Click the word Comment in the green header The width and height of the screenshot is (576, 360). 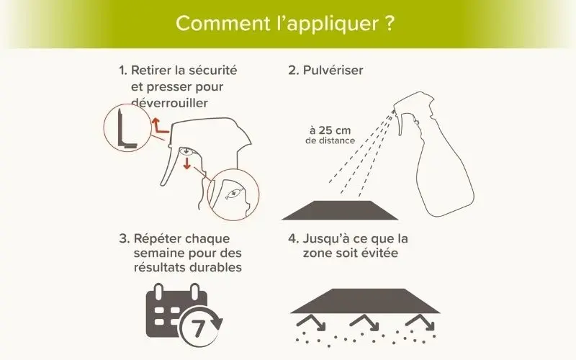point(222,23)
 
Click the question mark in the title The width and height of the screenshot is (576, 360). point(390,23)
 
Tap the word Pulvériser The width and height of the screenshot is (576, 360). point(333,70)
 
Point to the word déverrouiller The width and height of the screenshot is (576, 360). point(169,103)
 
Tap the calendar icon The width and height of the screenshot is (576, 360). point(184,315)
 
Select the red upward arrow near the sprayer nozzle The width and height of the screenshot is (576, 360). point(159,127)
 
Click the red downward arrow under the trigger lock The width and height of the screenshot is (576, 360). point(187,163)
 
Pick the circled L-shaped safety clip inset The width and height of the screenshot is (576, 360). point(127,127)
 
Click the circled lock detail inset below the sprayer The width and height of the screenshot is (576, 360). point(233,194)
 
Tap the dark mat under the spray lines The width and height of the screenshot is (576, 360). point(340,210)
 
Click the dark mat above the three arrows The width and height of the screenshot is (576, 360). point(366,301)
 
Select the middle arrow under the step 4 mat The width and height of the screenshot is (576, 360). point(366,322)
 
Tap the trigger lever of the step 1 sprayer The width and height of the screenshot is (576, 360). point(170,166)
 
